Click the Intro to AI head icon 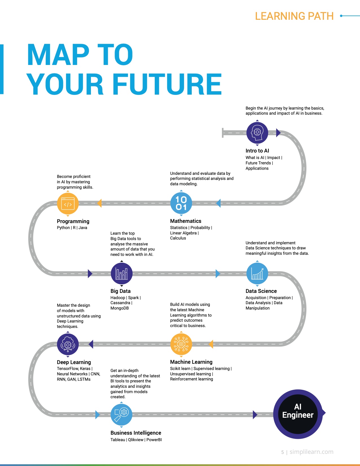[257, 132]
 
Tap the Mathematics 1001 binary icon [181, 203]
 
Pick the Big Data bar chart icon [122, 273]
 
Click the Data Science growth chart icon [257, 273]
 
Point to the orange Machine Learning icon [181, 344]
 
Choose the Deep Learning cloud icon [68, 344]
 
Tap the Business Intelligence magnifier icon [121, 415]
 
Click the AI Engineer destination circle [298, 414]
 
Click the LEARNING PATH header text [294, 16]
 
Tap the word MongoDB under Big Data [119, 308]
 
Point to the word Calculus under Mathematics [178, 238]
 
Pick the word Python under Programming [63, 228]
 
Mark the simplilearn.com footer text [311, 452]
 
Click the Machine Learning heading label [191, 362]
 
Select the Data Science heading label [261, 291]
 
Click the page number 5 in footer [282, 452]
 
